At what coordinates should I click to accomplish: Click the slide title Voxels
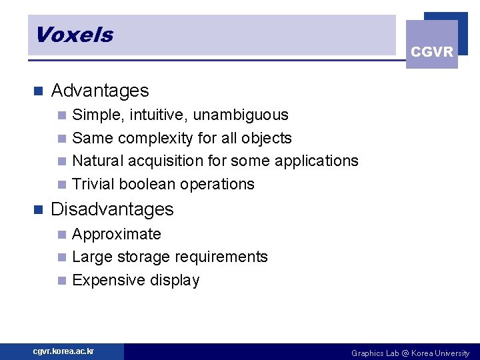tap(74, 35)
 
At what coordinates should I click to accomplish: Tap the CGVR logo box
tap(432, 45)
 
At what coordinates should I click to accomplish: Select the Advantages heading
tap(100, 91)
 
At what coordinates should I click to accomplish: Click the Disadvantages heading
tap(112, 209)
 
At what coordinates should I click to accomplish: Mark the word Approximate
tap(117, 235)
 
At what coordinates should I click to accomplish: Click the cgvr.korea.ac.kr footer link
tap(64, 351)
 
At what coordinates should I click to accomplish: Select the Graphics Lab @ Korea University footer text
tap(410, 353)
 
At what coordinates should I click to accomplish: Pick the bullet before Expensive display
tap(62, 281)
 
